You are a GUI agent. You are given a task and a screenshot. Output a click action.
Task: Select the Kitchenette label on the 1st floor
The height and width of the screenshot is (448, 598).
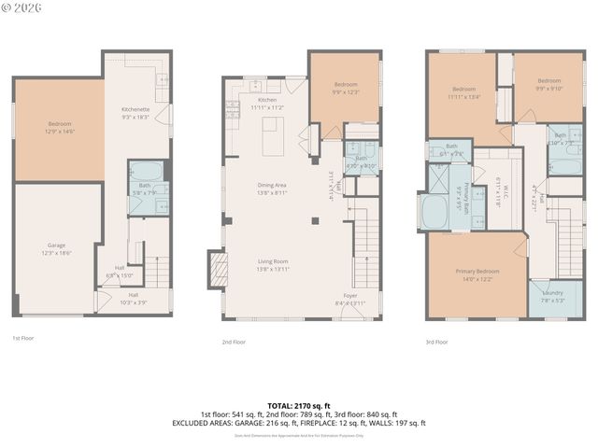(135, 110)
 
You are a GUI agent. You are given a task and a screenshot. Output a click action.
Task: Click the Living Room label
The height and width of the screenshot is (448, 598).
(272, 261)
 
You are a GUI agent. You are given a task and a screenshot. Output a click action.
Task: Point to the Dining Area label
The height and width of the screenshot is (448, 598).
(272, 185)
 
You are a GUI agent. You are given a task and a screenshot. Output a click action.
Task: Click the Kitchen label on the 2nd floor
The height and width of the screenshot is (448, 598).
(267, 99)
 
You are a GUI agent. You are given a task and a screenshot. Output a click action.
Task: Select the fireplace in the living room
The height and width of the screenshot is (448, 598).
(218, 269)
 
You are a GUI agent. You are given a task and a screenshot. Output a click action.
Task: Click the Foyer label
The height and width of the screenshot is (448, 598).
(350, 295)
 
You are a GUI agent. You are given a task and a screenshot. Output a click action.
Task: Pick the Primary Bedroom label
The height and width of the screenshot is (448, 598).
(477, 271)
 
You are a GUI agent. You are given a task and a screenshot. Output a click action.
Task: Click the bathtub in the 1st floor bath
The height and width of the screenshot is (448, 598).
(145, 171)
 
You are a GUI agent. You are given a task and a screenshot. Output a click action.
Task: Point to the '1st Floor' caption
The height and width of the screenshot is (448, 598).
(23, 338)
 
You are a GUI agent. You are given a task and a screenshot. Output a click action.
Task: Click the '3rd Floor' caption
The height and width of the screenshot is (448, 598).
(436, 342)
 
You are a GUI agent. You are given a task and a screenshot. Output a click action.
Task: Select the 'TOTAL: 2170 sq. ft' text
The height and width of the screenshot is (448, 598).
(299, 405)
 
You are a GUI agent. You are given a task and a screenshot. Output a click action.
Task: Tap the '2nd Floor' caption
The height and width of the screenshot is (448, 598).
(234, 342)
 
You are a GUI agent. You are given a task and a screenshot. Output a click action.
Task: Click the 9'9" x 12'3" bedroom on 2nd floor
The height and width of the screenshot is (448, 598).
(344, 91)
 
